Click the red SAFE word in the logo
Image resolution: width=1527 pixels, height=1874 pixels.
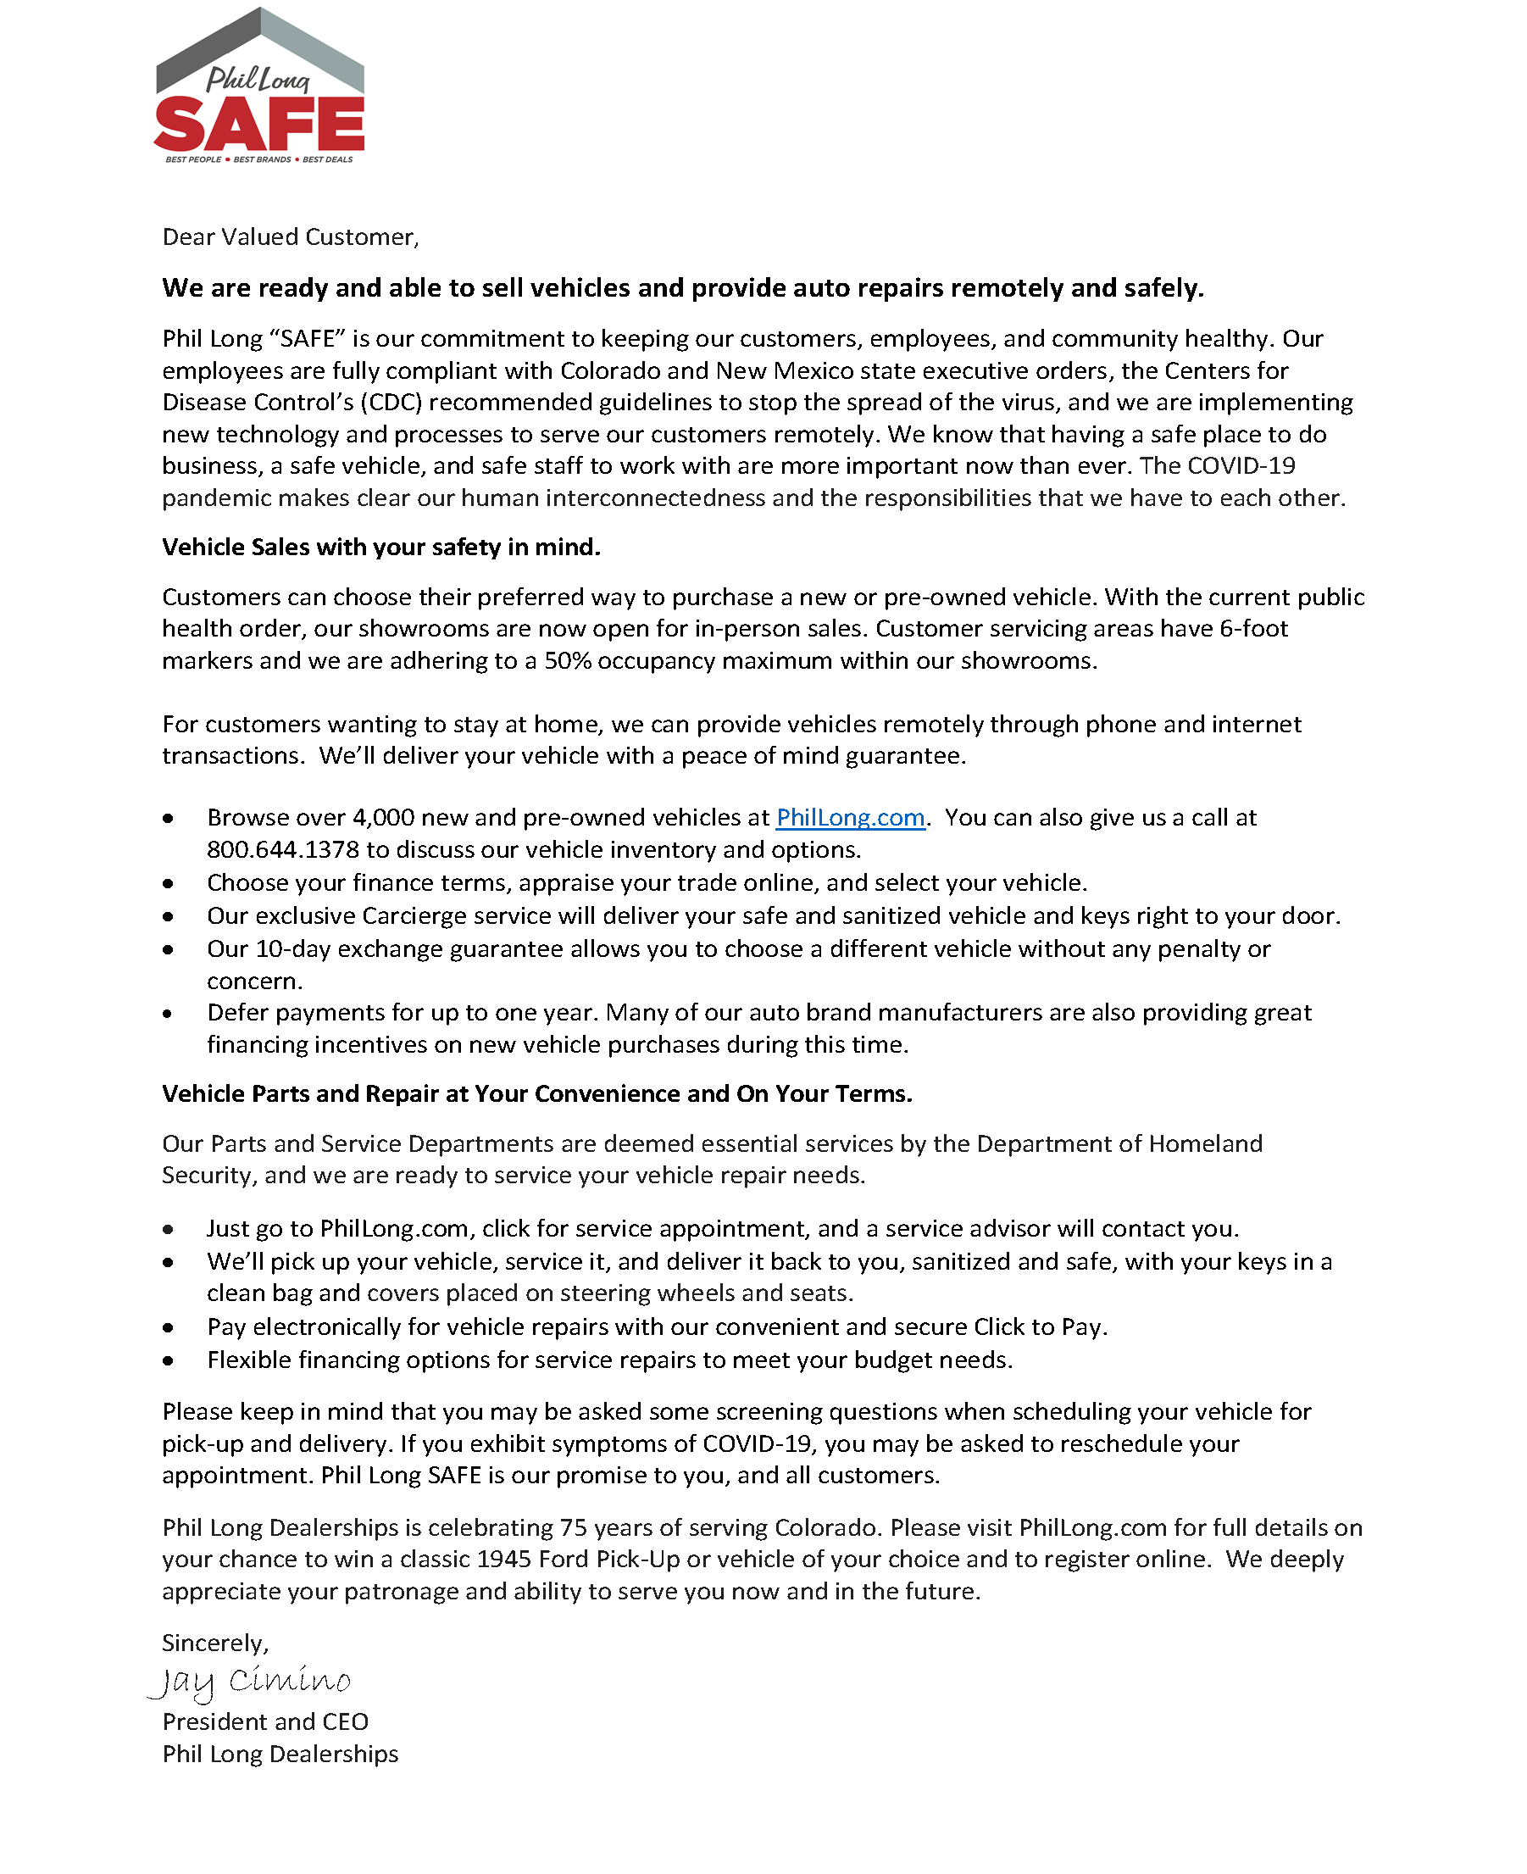pos(259,125)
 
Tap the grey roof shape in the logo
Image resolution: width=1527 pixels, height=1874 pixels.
pos(259,44)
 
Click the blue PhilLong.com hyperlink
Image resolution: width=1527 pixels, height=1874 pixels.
pos(850,817)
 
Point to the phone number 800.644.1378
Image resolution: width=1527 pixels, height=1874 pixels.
pos(283,849)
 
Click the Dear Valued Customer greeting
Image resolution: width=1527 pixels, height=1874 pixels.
pos(291,236)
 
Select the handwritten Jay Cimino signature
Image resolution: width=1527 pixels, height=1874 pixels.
pos(251,1682)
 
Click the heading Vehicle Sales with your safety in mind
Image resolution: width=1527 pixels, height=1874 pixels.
pos(380,548)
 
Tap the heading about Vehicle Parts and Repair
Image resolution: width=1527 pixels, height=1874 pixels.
pos(536,1093)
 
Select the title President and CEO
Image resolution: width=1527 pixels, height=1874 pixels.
pos(264,1721)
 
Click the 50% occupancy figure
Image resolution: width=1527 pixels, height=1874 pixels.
pos(568,661)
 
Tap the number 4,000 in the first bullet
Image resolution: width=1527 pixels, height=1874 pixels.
pos(384,817)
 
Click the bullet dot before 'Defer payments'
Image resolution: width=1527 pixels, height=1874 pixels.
pos(168,1014)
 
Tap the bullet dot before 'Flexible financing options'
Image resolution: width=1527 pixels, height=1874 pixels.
pos(168,1361)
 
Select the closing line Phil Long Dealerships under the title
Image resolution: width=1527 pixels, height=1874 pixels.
pos(280,1754)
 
